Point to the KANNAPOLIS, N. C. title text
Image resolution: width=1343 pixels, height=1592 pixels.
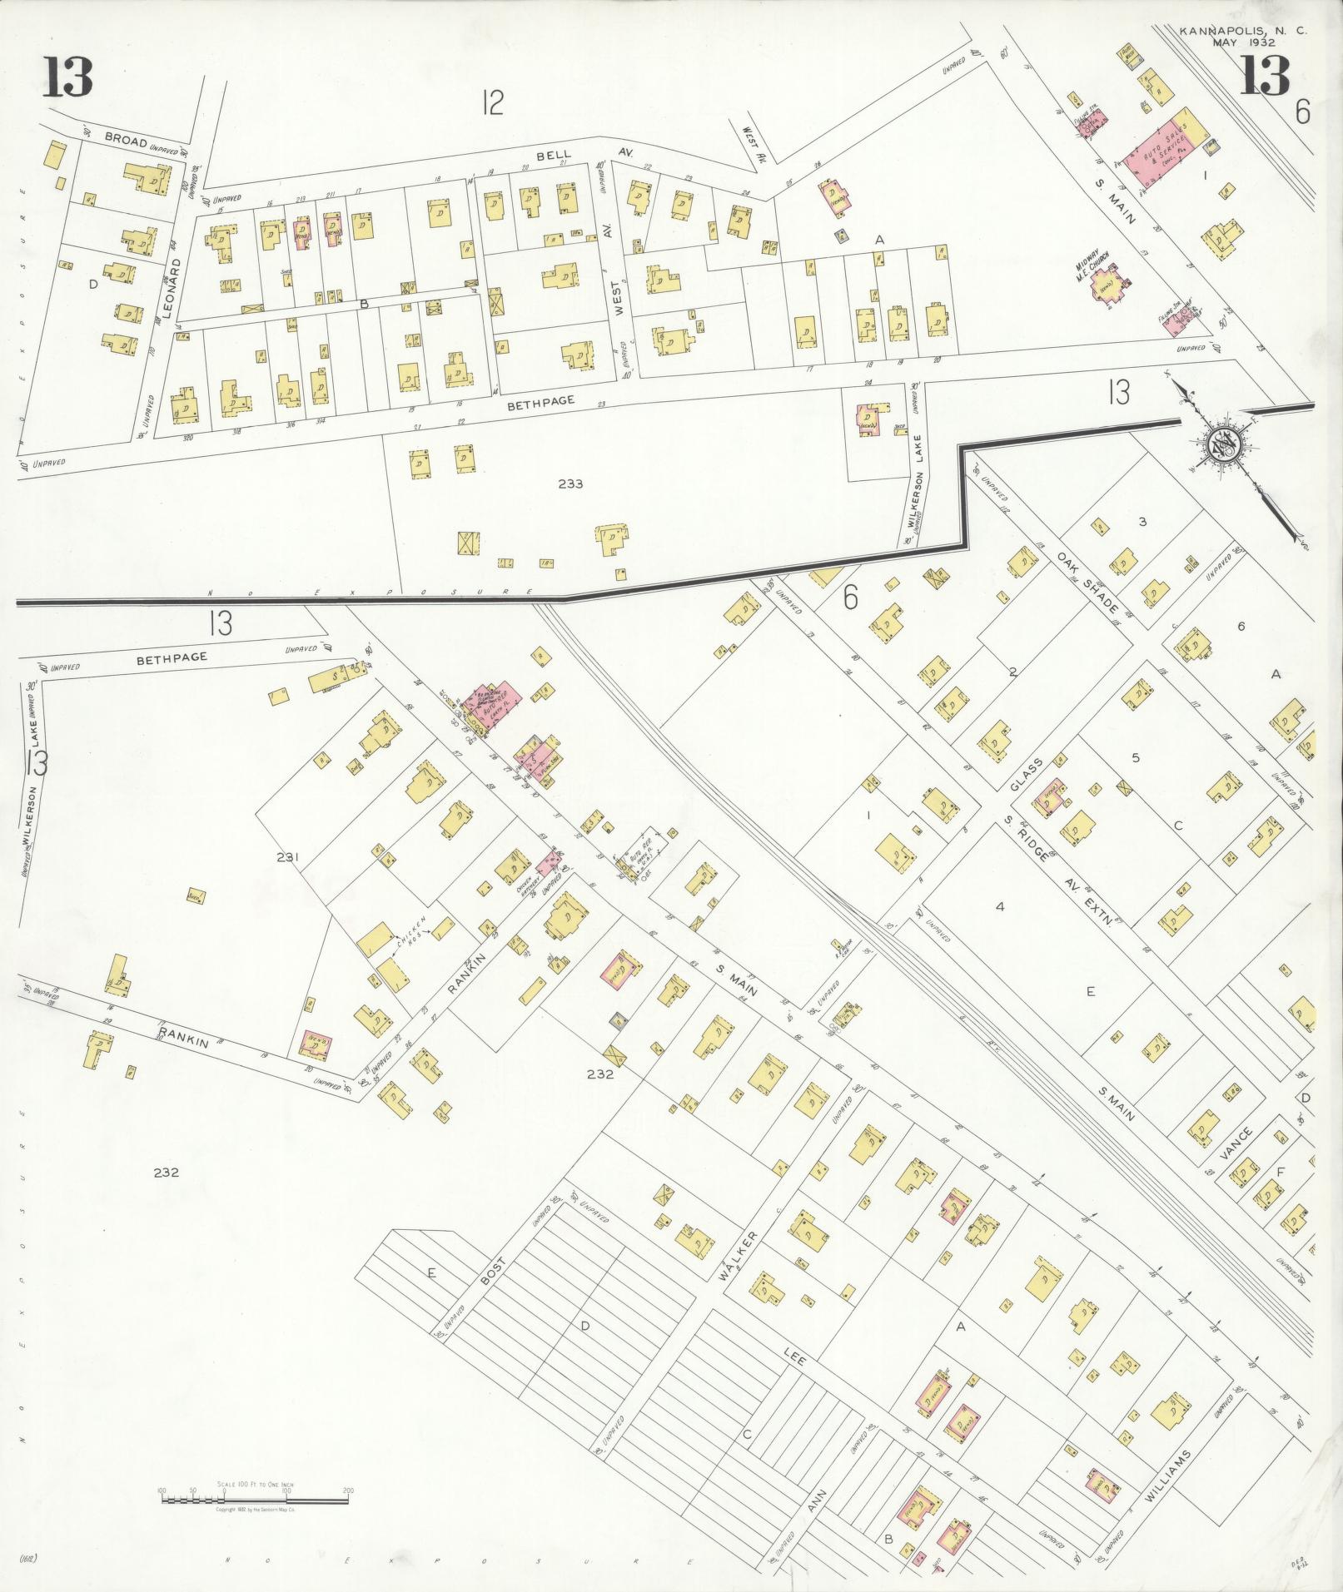click(1242, 31)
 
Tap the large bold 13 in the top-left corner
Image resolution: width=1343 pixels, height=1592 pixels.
click(67, 80)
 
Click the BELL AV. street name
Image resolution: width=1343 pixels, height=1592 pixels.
click(575, 154)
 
